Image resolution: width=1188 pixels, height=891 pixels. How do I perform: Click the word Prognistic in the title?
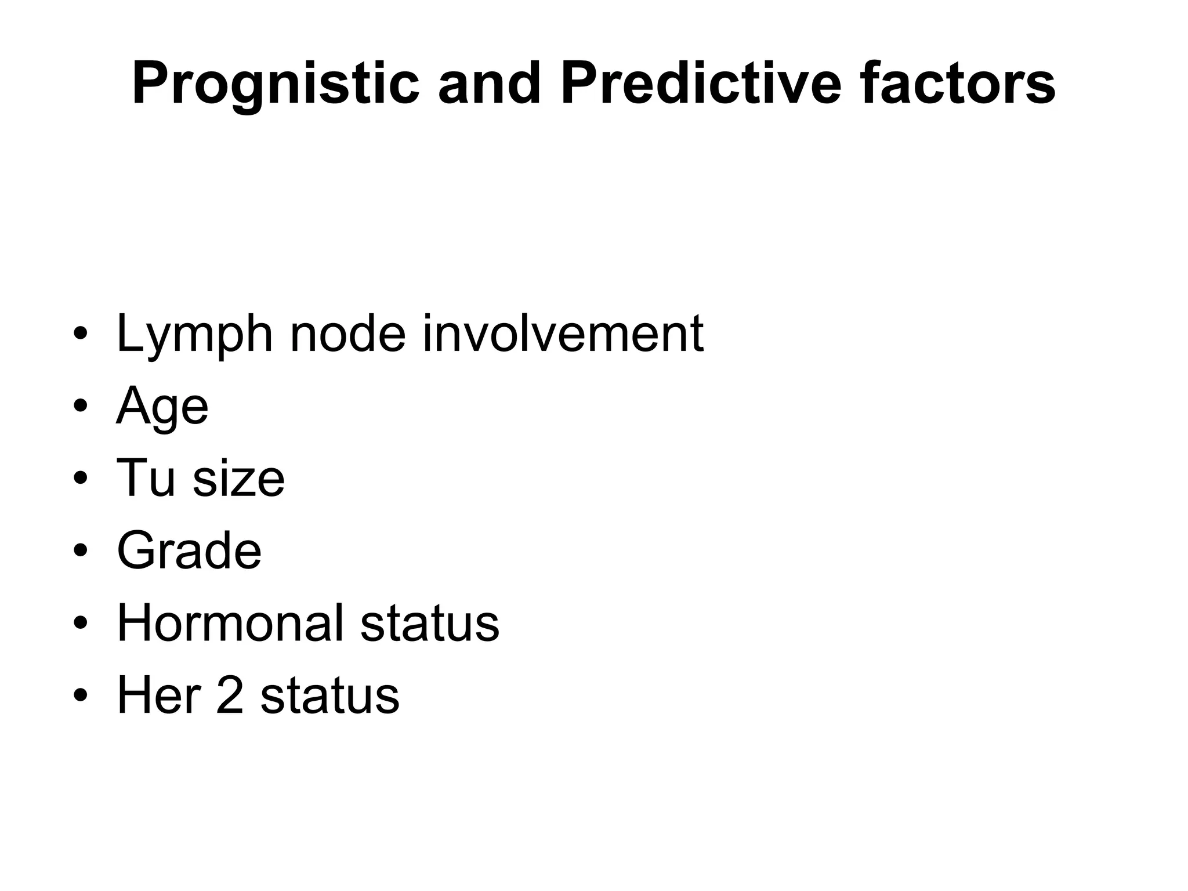pyautogui.click(x=276, y=85)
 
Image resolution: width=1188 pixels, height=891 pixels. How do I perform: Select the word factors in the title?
pyautogui.click(x=958, y=84)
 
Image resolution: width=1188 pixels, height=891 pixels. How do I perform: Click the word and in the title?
pyautogui.click(x=489, y=84)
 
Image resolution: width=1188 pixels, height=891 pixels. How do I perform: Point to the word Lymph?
pyautogui.click(x=194, y=335)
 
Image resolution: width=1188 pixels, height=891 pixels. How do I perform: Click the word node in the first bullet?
pyautogui.click(x=347, y=334)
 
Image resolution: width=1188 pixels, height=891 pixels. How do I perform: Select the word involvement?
pyautogui.click(x=563, y=334)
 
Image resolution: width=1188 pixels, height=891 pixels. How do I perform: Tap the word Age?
pyautogui.click(x=162, y=407)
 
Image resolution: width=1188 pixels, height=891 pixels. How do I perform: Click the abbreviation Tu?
pyautogui.click(x=146, y=478)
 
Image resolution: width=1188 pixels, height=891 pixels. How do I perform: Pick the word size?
pyautogui.click(x=238, y=479)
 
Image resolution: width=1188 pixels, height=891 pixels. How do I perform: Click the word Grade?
pyautogui.click(x=189, y=550)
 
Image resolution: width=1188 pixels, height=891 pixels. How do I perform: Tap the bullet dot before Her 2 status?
pyautogui.click(x=81, y=696)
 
